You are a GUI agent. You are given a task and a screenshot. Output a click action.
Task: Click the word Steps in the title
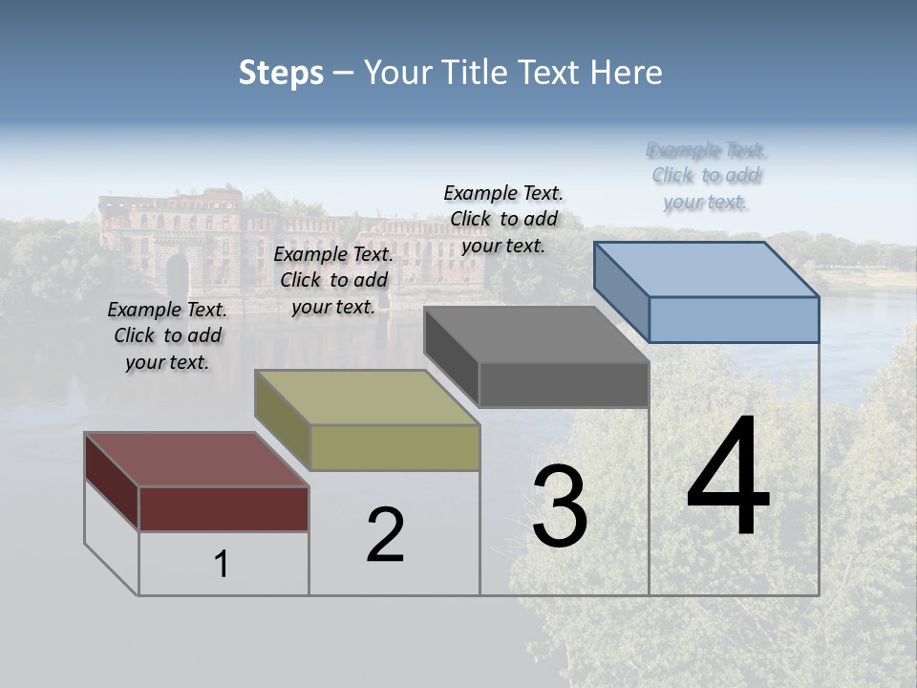coord(281,73)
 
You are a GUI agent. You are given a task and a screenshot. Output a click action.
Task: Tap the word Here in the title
coord(627,73)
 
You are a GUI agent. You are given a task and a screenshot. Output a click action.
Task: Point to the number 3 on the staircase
coord(560,506)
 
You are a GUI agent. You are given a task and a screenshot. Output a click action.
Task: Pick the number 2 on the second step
coord(385,535)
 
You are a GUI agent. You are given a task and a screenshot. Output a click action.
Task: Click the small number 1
coord(222,565)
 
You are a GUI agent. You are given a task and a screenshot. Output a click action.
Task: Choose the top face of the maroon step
coord(197,460)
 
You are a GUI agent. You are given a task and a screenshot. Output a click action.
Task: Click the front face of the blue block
coord(734,319)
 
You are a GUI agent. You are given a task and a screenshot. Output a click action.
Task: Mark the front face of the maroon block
coord(224,508)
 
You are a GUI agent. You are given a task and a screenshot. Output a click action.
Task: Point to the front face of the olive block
coord(395,447)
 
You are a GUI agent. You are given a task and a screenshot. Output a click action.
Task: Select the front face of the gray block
coord(564,384)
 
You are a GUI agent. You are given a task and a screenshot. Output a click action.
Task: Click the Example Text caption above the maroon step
coord(167,335)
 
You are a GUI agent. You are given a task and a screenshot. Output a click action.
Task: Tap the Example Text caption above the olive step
coord(333,280)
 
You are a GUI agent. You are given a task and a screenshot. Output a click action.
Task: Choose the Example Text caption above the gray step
coord(503,219)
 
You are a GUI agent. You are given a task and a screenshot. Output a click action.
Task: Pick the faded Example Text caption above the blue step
coord(706,176)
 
